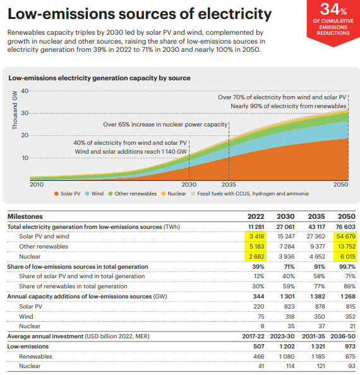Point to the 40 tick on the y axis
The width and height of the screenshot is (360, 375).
coord(25,91)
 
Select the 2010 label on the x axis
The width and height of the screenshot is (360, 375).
coord(37,184)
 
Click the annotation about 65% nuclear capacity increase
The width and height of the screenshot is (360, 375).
coord(165,125)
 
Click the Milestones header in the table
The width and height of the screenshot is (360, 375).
coord(25,216)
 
